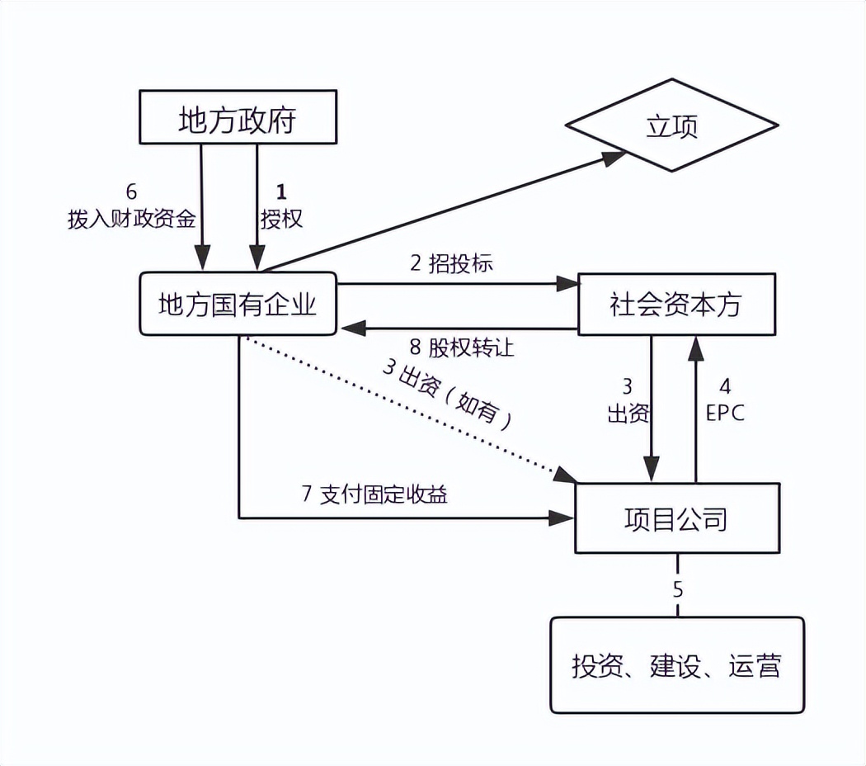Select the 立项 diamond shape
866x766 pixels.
click(x=671, y=127)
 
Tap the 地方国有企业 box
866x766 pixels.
click(x=238, y=305)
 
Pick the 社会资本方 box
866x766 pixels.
click(x=676, y=304)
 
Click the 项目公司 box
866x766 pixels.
click(x=676, y=518)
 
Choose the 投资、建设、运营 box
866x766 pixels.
click(x=676, y=665)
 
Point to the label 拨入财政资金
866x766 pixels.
click(x=131, y=219)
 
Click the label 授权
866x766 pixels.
click(x=281, y=219)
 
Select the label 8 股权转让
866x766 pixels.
click(x=461, y=348)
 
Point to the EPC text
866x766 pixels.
click(x=725, y=412)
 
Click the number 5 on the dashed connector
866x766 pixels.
click(x=678, y=589)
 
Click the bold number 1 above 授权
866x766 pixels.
click(x=281, y=192)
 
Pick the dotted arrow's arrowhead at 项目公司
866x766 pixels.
click(x=567, y=475)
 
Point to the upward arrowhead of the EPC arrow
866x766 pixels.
click(x=697, y=348)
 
